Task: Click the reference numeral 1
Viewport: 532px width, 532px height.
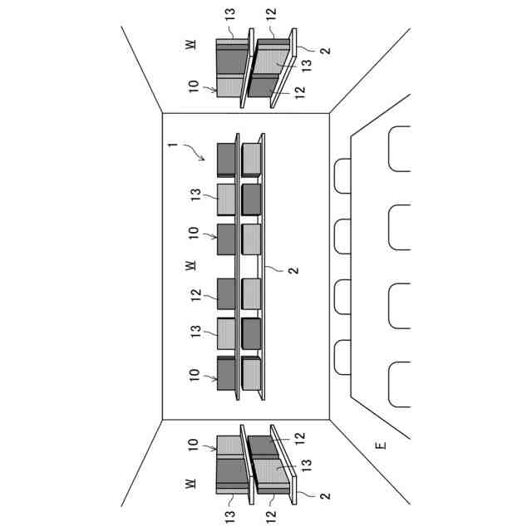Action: pyautogui.click(x=171, y=145)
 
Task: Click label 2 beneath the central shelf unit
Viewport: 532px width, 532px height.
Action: pyautogui.click(x=292, y=270)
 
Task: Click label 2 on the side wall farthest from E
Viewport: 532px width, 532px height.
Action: pyautogui.click(x=325, y=50)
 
